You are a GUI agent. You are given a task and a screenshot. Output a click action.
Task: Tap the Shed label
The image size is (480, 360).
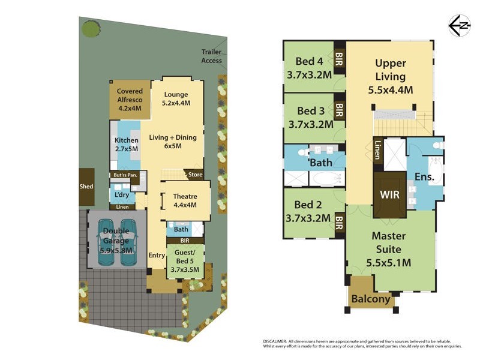86,187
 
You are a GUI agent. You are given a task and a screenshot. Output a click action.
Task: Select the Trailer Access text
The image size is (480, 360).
211,56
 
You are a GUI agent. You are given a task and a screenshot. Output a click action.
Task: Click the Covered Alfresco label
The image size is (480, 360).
130,100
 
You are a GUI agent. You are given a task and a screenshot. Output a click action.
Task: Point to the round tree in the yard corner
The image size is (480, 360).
91,28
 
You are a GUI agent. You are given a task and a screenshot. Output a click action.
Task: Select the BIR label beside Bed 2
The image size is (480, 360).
339,224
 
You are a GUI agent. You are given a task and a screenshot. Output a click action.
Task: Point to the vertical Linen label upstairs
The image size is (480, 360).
377,150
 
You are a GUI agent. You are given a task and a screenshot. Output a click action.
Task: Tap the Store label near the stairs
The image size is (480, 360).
196,175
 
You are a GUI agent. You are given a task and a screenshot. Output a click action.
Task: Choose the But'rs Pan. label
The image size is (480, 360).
125,175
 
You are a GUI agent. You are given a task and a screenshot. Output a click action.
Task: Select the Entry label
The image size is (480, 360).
157,255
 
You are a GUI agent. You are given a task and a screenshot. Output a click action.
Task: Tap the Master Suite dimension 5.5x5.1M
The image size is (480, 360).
390,262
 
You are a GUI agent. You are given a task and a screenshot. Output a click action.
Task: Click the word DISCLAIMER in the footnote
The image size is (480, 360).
280,341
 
